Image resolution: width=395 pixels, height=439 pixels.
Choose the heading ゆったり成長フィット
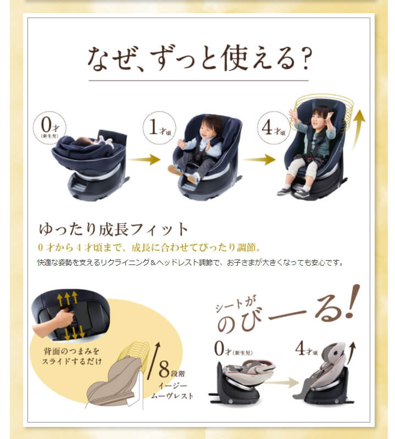coord(113,228)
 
